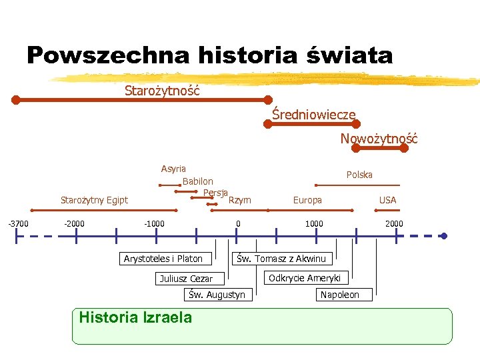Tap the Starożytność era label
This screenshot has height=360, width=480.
click(162, 90)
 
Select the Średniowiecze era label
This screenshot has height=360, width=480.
click(313, 115)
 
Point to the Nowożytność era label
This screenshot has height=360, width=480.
click(379, 139)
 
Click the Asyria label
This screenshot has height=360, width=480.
click(173, 169)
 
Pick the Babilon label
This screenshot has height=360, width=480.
click(198, 181)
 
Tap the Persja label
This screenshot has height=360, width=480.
click(216, 193)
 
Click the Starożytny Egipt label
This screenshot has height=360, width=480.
click(94, 200)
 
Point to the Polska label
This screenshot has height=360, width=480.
click(359, 175)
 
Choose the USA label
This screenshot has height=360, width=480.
click(387, 200)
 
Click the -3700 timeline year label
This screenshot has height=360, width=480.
click(18, 223)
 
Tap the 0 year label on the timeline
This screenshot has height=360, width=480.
click(238, 223)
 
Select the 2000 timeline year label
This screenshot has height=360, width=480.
click(394, 223)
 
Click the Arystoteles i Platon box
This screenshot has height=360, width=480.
click(163, 259)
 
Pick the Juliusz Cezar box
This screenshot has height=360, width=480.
click(186, 279)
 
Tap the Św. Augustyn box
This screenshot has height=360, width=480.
click(217, 295)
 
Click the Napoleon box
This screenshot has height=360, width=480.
click(339, 295)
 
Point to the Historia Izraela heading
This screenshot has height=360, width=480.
click(135, 317)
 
